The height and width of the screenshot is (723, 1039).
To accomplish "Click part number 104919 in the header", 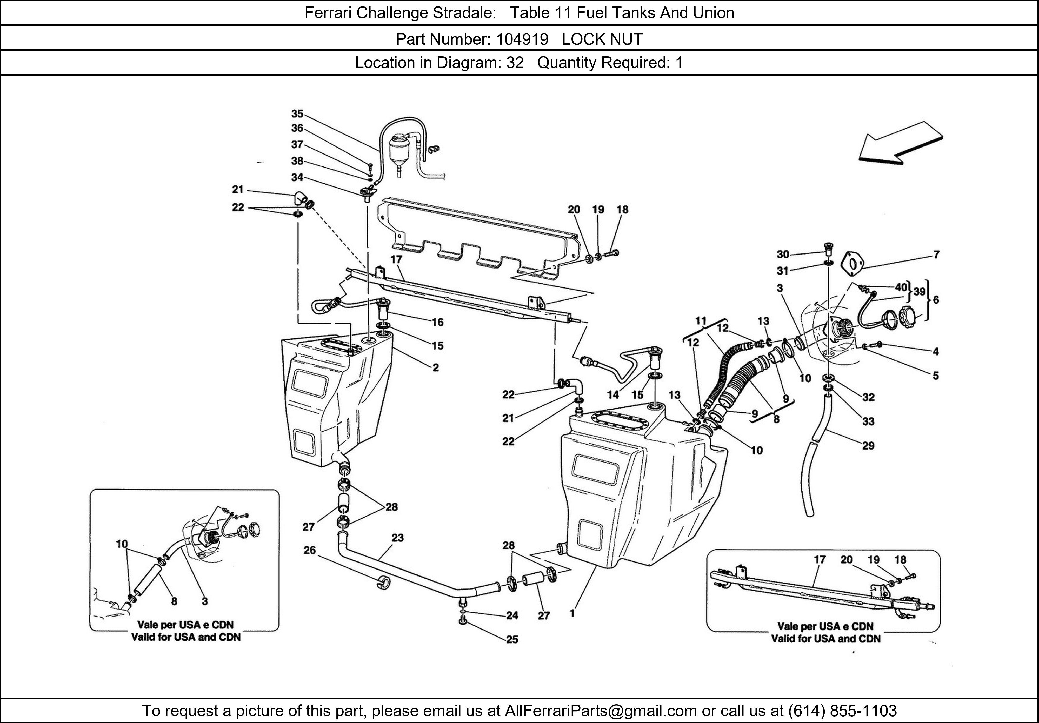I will (x=522, y=39).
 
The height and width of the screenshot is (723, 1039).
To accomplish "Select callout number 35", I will (x=297, y=114).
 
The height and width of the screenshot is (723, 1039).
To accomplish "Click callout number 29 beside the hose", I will (x=868, y=446).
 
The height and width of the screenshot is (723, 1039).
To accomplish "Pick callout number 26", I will (x=310, y=550).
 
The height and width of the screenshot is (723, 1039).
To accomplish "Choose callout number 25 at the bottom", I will (x=512, y=639).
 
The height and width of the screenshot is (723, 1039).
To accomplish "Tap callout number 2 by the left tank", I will (x=435, y=367).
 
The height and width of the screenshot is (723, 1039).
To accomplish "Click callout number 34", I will (x=297, y=177).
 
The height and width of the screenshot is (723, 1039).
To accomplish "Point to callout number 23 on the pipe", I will (x=397, y=538).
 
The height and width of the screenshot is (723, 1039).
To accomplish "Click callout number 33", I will (x=868, y=421).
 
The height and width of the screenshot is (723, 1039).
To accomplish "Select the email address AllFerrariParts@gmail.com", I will (x=601, y=711).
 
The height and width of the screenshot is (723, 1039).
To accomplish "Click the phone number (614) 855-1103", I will (x=842, y=711).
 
